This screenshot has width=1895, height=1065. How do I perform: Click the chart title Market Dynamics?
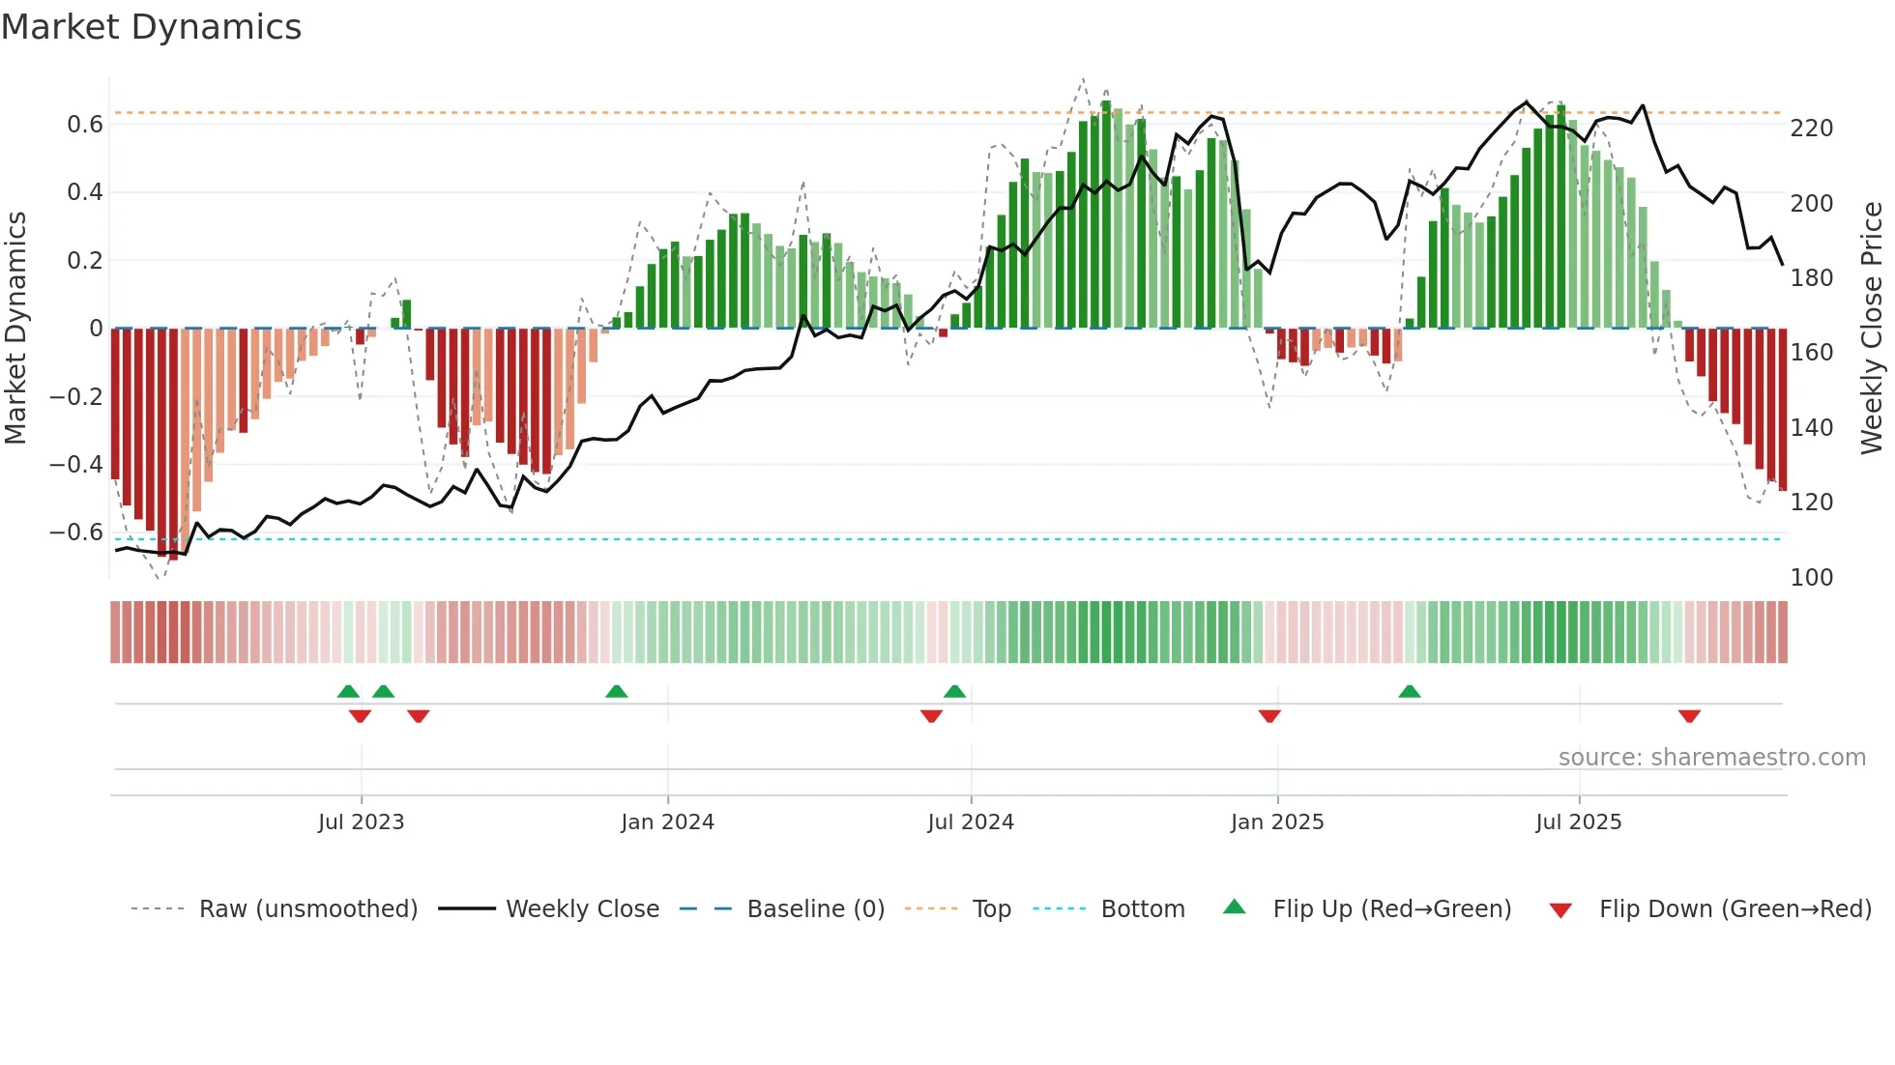click(x=151, y=27)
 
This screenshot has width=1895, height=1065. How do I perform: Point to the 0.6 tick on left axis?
click(x=85, y=125)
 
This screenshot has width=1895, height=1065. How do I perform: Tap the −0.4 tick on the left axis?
click(x=76, y=465)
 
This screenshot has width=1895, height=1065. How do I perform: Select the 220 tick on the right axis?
click(x=1811, y=129)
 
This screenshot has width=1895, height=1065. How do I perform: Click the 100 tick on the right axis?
click(x=1811, y=578)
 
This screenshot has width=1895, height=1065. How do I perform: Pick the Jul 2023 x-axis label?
click(x=361, y=822)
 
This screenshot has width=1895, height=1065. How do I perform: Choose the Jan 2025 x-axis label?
click(x=1276, y=822)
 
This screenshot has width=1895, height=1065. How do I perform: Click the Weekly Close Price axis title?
click(x=1872, y=329)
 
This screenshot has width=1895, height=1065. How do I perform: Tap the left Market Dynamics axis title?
click(x=16, y=329)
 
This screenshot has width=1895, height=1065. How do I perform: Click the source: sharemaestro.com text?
click(x=1711, y=758)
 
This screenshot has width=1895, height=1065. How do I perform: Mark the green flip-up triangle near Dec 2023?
click(x=616, y=691)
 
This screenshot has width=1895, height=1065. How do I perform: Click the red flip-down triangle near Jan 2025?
click(x=1269, y=716)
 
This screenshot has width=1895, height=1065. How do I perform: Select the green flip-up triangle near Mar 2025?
click(x=1409, y=691)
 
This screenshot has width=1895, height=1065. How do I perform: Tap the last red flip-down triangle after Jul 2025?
click(x=1689, y=716)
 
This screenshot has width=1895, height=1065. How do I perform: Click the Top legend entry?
click(x=991, y=909)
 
